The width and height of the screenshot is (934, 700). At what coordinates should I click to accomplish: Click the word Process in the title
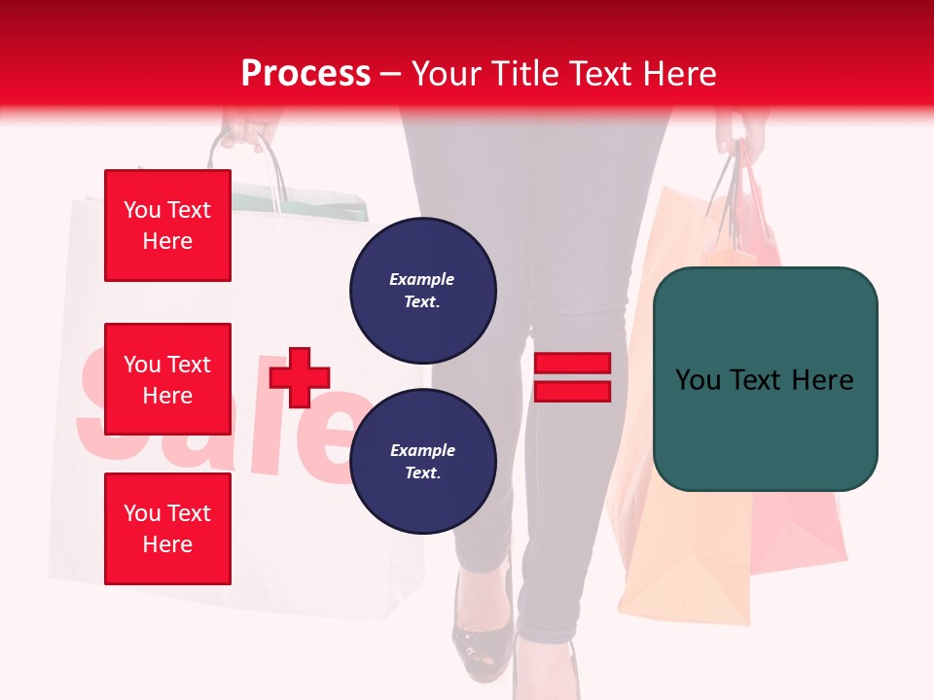click(305, 74)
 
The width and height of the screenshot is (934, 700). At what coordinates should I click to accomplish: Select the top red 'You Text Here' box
click(167, 226)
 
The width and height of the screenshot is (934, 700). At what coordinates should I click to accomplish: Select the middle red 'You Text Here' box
click(167, 379)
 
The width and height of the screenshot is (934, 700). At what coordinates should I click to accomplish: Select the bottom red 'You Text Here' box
click(167, 528)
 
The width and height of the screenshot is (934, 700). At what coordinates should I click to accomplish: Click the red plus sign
click(300, 377)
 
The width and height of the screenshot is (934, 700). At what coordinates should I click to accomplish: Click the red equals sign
click(572, 377)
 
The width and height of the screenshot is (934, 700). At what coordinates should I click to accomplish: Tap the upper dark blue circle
click(422, 290)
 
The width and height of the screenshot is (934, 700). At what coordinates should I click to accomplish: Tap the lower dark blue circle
click(422, 461)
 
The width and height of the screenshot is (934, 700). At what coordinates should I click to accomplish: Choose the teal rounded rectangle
click(765, 379)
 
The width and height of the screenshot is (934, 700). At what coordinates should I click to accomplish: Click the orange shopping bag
click(671, 437)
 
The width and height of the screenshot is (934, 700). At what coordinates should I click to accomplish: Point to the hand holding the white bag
click(243, 131)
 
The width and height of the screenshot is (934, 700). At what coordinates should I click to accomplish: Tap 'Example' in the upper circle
click(422, 279)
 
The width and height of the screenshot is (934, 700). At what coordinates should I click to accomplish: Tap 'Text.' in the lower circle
click(422, 472)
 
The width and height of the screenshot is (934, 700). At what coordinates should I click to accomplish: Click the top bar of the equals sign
click(572, 364)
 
